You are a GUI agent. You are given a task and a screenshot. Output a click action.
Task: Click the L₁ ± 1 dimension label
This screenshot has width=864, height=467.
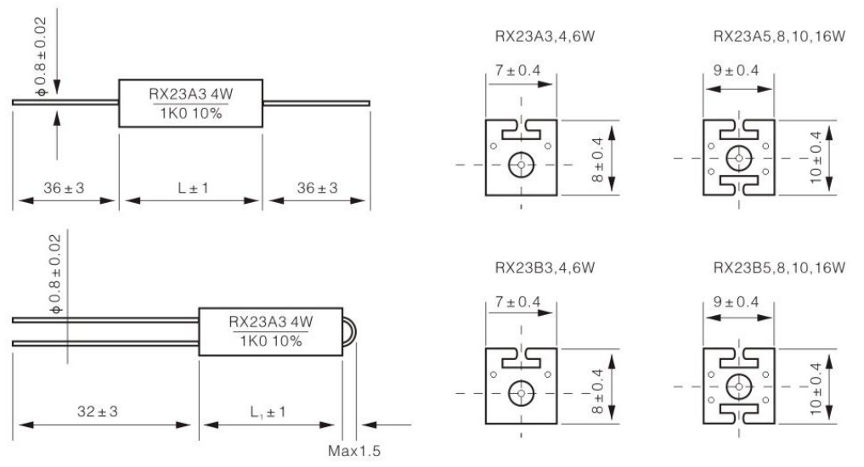268,411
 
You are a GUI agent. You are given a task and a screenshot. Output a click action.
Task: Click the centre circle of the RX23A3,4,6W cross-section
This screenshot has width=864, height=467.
520,164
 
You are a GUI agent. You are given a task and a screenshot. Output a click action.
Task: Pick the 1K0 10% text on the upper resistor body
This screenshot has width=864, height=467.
192,112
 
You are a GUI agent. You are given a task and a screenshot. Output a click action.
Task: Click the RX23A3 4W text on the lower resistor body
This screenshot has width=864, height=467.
271,323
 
